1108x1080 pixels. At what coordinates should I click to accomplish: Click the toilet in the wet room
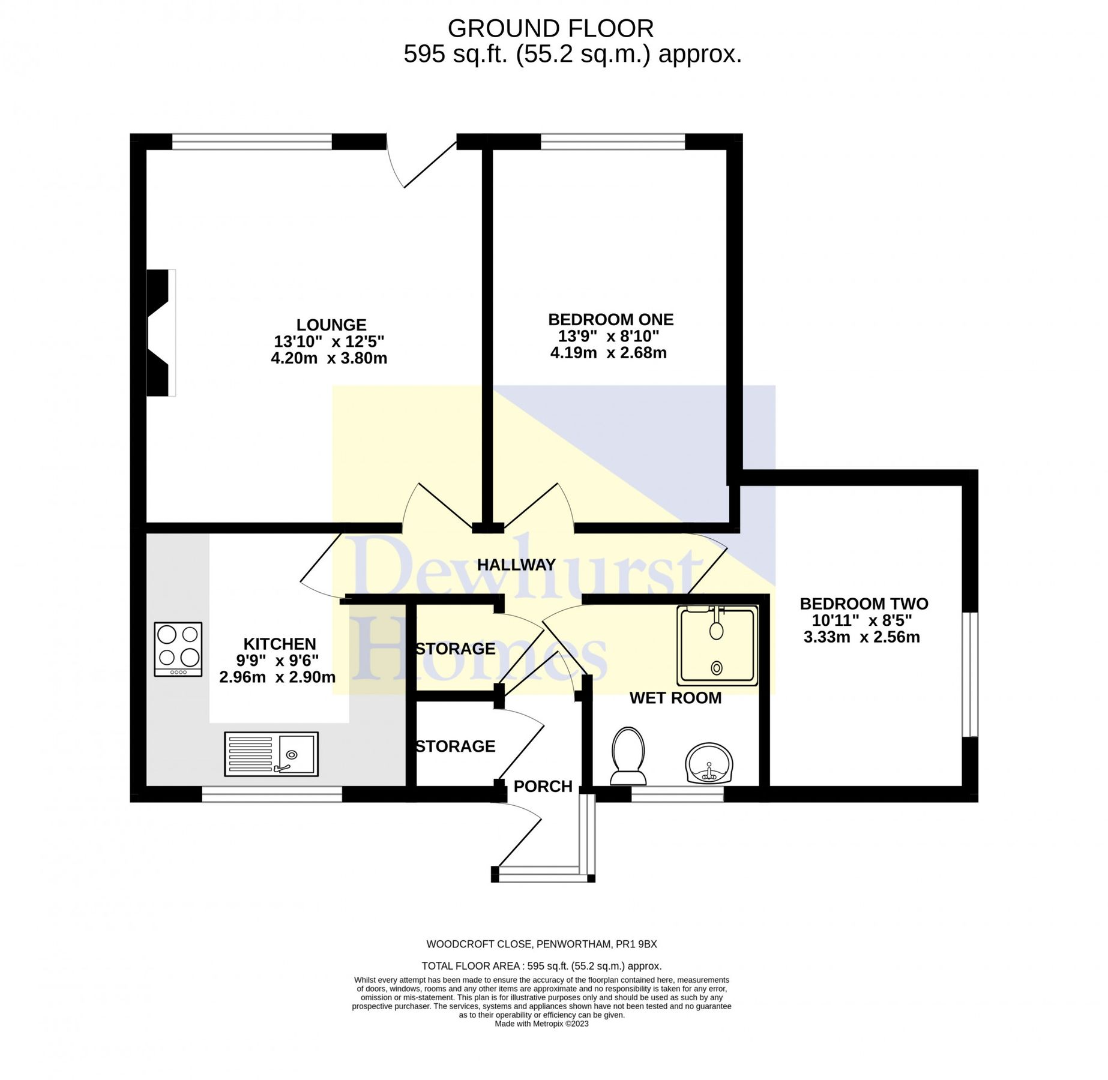(x=628, y=756)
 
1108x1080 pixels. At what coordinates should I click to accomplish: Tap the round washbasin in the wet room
(x=709, y=764)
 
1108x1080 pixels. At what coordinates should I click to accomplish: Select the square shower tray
(x=717, y=646)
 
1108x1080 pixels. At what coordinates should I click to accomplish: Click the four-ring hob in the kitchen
(x=178, y=649)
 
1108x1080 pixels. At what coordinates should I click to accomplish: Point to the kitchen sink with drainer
(x=271, y=754)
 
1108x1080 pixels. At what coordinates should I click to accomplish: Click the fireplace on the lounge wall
(x=160, y=332)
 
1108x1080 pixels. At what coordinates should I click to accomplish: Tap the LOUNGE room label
(x=331, y=325)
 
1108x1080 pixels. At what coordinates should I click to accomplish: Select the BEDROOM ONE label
(x=610, y=319)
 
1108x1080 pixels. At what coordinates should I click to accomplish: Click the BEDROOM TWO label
(x=863, y=604)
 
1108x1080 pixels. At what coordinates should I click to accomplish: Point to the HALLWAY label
(x=516, y=565)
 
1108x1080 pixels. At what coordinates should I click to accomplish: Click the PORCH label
(x=543, y=786)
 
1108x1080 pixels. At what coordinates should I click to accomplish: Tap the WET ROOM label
(x=675, y=698)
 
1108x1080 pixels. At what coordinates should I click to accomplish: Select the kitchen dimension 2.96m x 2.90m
(x=277, y=677)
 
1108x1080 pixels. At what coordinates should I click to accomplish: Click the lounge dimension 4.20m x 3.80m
(x=329, y=358)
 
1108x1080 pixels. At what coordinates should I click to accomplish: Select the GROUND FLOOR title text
(x=550, y=29)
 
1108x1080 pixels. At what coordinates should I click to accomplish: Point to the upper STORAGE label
(x=456, y=649)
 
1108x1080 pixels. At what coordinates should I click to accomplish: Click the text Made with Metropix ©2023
(x=541, y=1024)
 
